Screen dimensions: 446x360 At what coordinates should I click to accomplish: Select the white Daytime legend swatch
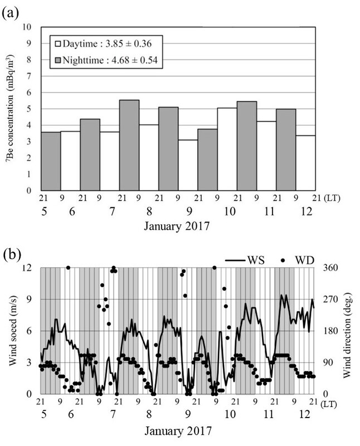tap(56, 42)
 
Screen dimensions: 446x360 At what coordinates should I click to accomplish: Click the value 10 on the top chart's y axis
tap(27, 27)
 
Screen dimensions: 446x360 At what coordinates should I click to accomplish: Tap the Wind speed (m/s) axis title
tap(12, 331)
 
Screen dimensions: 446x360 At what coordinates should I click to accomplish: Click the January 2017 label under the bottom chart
tap(178, 432)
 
